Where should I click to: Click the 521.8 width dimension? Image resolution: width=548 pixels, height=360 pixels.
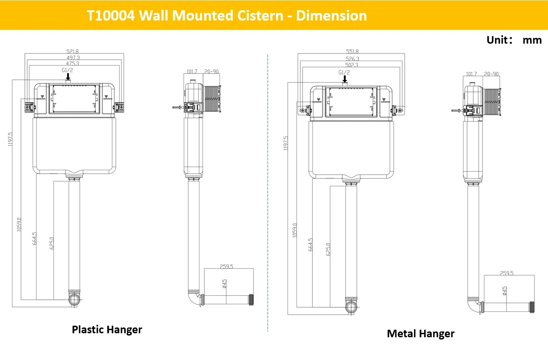pos(73,51)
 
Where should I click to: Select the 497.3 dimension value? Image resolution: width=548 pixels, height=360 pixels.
pos(73,58)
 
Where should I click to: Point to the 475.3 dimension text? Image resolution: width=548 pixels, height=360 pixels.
pos(73,63)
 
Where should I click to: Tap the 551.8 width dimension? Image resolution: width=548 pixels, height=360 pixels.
pos(352,51)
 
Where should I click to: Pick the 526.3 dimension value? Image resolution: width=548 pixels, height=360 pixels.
pos(352,59)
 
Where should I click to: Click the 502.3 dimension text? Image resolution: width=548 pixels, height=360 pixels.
pos(352,65)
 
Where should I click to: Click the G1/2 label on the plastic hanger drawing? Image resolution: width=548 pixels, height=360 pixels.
pos(67,70)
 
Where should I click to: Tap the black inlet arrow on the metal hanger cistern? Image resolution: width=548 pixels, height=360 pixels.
pos(345,79)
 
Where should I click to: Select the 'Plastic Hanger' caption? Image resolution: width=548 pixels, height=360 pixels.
pos(107,330)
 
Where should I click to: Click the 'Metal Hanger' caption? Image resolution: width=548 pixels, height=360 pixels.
pos(421,334)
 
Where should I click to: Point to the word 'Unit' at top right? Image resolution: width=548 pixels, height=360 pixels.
pos(497,40)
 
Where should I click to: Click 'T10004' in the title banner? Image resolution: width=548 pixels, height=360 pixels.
pos(111,16)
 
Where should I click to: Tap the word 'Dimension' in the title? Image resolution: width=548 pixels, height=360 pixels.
pos(332,16)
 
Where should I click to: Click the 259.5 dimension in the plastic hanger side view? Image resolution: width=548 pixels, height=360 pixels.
pos(226,266)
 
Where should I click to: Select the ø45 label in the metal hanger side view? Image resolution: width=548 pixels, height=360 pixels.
pos(504,291)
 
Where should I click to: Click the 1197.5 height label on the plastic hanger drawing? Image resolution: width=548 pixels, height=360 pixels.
pos(10,139)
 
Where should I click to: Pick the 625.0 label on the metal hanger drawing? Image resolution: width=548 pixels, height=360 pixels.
pos(328,250)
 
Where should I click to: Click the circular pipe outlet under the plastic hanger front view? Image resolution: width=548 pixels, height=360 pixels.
pos(74,299)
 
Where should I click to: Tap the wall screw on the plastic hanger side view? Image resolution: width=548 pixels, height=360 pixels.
pos(177,107)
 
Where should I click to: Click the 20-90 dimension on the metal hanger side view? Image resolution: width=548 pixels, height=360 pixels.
pos(491,74)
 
